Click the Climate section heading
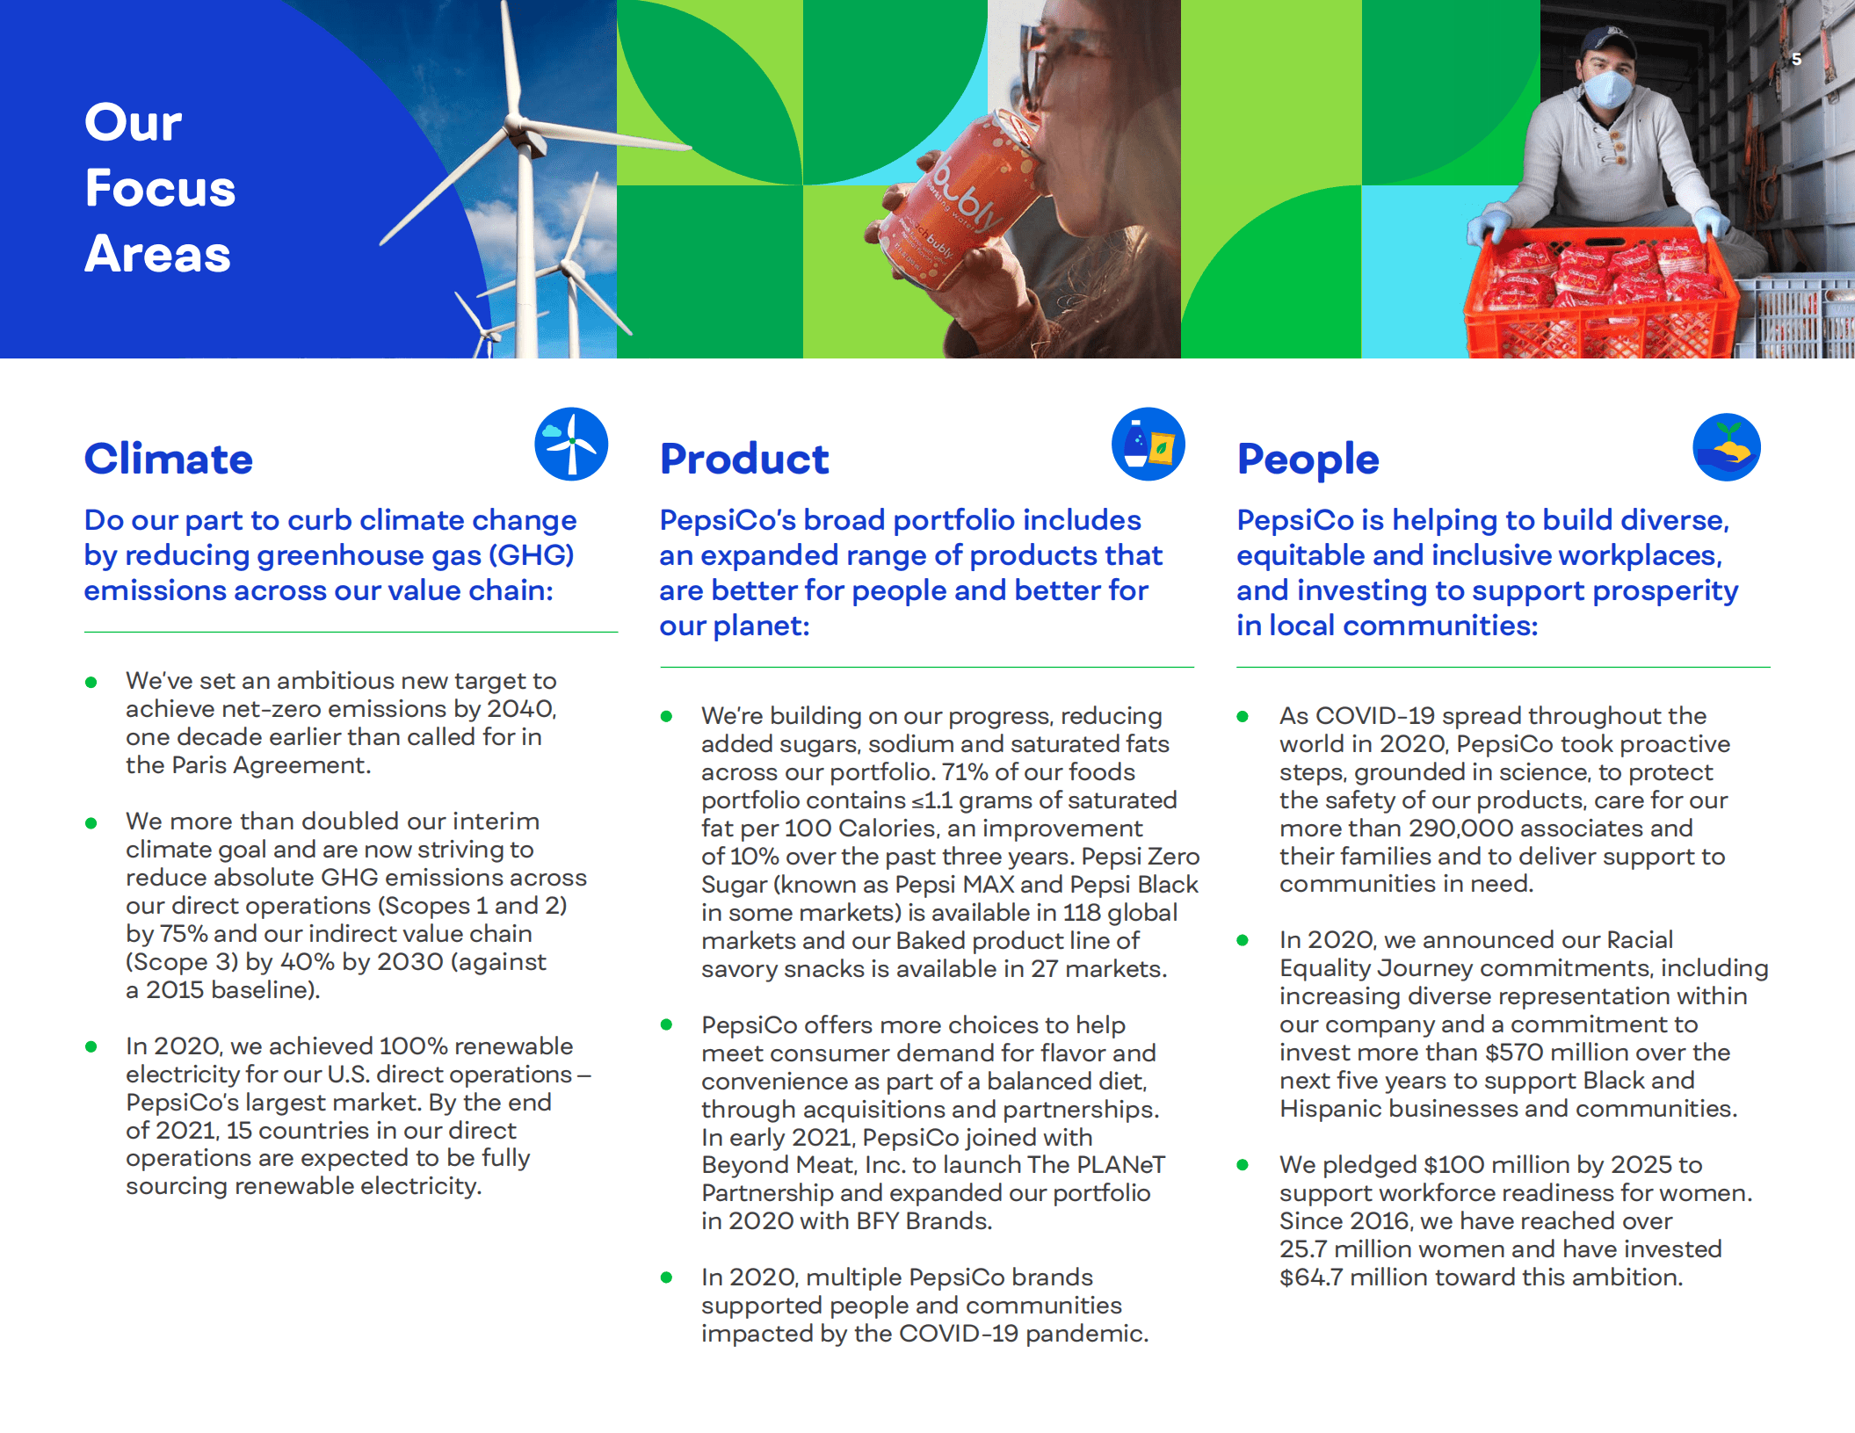[x=168, y=459]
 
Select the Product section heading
[x=743, y=459]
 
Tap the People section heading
[x=1308, y=459]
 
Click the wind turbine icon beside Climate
[x=571, y=444]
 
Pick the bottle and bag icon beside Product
[x=1148, y=444]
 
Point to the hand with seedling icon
[x=1726, y=447]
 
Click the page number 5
[x=1797, y=59]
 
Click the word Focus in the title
[x=160, y=188]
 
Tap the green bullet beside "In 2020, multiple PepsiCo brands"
[x=666, y=1277]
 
